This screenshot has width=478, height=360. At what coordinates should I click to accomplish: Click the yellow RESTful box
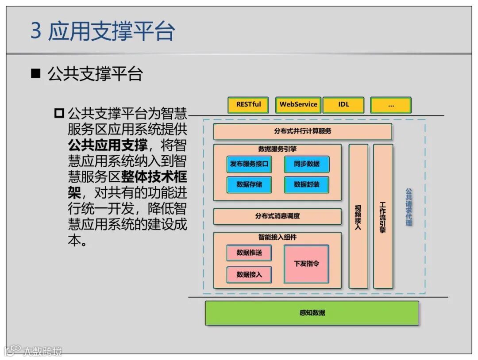click(248, 105)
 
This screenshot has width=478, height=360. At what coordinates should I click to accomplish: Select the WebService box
click(298, 105)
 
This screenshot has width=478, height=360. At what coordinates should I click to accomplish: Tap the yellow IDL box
click(343, 105)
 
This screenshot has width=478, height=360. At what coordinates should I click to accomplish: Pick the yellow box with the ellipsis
click(391, 105)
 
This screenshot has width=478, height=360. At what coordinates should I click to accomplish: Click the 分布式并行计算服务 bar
click(302, 131)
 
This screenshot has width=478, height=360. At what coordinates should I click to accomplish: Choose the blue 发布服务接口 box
click(249, 164)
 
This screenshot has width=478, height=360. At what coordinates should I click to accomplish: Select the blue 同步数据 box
click(307, 164)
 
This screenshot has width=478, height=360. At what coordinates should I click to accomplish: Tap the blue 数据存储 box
click(249, 184)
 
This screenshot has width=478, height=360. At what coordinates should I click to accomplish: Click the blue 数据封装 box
click(307, 184)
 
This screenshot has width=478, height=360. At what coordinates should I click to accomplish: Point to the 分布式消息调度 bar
click(278, 216)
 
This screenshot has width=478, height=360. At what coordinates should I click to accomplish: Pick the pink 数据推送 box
click(249, 253)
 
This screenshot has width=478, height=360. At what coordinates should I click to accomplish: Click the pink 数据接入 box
click(249, 275)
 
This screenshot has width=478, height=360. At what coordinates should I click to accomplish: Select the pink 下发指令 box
click(306, 264)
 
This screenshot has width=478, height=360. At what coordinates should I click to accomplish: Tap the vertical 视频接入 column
click(358, 216)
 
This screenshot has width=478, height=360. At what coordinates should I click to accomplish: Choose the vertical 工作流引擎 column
click(383, 216)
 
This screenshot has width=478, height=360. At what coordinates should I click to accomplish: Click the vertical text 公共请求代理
click(409, 207)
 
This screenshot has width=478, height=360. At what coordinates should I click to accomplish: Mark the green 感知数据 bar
click(312, 313)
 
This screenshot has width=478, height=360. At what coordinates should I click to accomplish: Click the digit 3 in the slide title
click(36, 32)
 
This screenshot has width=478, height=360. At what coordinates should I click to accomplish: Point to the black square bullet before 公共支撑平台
click(35, 73)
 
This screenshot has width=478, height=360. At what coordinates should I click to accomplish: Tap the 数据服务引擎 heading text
click(278, 149)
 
